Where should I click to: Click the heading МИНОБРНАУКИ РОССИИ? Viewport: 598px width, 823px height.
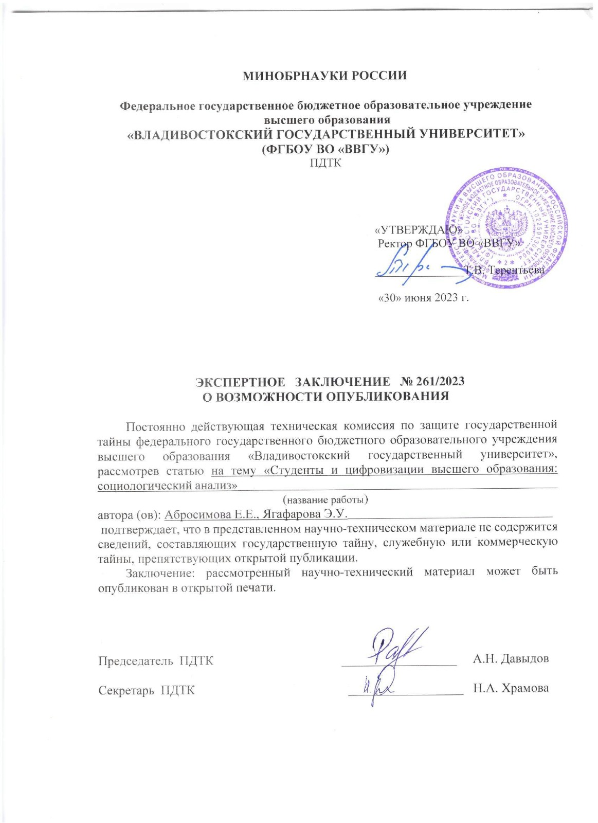tap(324, 76)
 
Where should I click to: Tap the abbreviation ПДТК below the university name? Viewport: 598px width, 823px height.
tap(325, 164)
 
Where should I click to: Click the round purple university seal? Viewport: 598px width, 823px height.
tap(506, 227)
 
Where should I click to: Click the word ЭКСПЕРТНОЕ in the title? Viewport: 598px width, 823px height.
tap(240, 382)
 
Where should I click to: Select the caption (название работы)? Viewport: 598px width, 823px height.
tap(325, 499)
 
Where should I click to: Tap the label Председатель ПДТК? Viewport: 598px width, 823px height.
tap(156, 660)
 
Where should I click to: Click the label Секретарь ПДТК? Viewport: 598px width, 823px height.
tap(147, 690)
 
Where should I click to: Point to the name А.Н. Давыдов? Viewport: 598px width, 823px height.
tap(511, 659)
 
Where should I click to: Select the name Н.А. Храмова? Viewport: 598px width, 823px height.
tap(511, 689)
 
